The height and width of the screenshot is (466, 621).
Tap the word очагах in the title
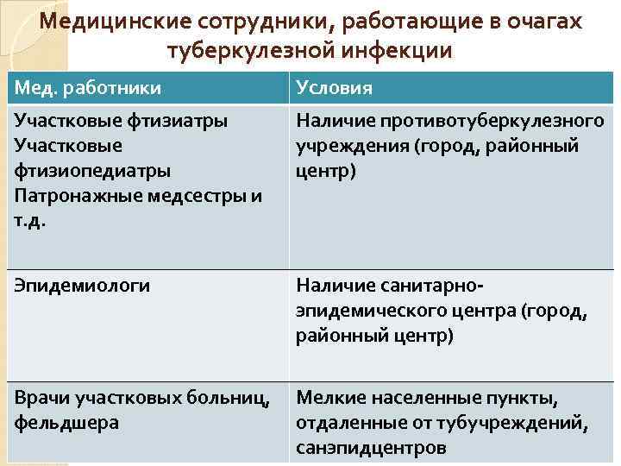539,22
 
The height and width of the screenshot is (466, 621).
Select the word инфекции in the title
398,51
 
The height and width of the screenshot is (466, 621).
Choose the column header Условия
335,88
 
